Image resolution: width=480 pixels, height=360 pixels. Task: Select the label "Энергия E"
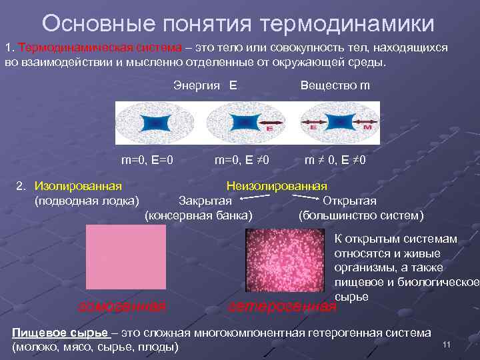point(205,85)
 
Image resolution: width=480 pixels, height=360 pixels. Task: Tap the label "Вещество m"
point(335,85)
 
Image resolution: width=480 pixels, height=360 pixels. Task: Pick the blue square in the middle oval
point(244,123)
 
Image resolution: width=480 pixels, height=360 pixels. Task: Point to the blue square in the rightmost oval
point(341,123)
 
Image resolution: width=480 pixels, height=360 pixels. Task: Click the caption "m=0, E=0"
point(147,160)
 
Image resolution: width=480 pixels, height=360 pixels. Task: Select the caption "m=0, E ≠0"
point(241,160)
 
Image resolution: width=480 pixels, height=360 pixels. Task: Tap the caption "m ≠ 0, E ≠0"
point(335,160)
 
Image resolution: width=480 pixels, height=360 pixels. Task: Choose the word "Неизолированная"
point(277,185)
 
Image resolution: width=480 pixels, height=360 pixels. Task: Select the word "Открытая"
point(349,201)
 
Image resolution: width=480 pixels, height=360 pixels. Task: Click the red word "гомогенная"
point(123,306)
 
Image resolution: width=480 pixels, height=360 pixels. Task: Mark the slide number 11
point(447,343)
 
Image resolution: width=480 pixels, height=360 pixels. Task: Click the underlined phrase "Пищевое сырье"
point(61,332)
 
